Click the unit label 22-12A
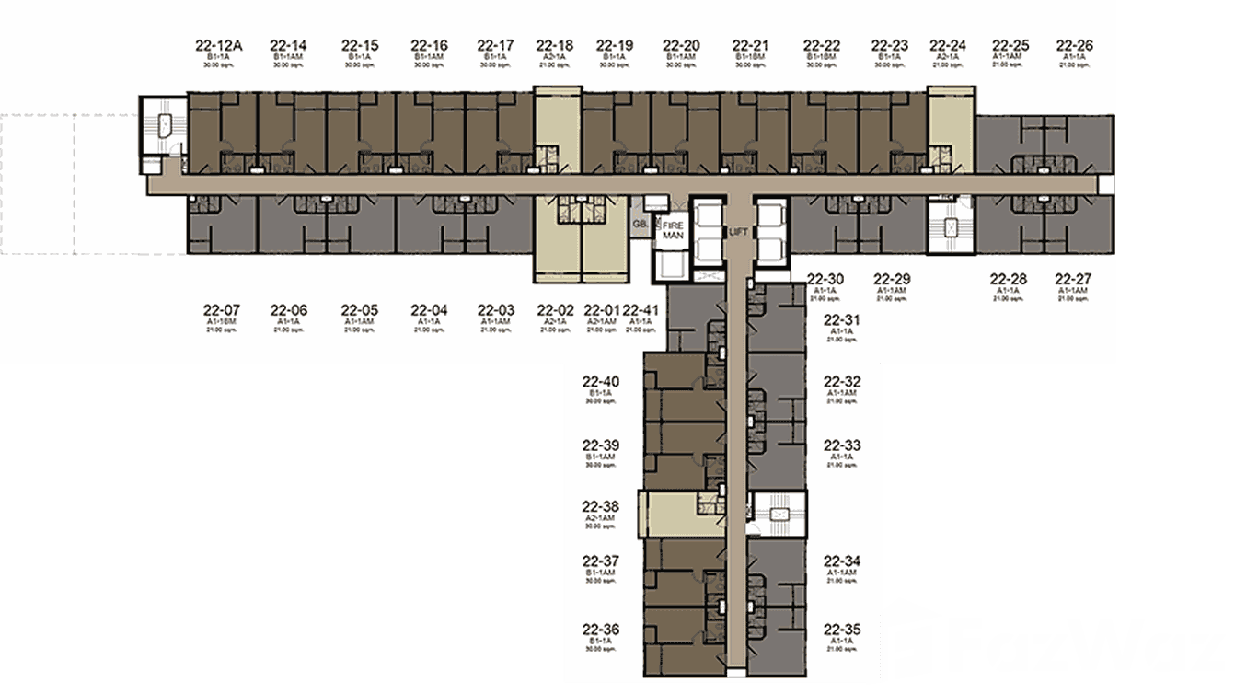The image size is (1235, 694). point(217,45)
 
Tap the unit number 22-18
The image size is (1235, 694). point(554,45)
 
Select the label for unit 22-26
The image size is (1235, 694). point(1074,45)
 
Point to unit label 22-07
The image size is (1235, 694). point(222,310)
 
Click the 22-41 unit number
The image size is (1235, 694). point(641,310)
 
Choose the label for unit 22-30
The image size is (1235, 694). point(825,279)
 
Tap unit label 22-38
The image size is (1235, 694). point(600,507)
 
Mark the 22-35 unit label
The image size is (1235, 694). point(842,630)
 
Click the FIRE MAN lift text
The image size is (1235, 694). point(671,228)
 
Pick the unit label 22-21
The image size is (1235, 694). point(750,45)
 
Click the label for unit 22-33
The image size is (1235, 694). point(842,445)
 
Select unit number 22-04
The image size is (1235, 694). point(429,310)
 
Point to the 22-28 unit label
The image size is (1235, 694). point(1008,279)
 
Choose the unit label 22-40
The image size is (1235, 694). point(600,382)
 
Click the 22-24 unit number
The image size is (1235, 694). point(948,45)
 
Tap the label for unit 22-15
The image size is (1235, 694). point(360,45)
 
